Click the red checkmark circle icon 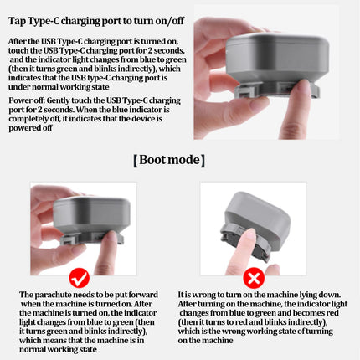[80, 278]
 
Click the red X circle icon [254, 278]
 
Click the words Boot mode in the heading [169, 160]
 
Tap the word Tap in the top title [17, 21]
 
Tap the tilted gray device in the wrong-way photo [255, 224]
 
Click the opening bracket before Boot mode [136, 161]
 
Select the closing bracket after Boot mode [203, 161]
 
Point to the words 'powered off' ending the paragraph [30, 128]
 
